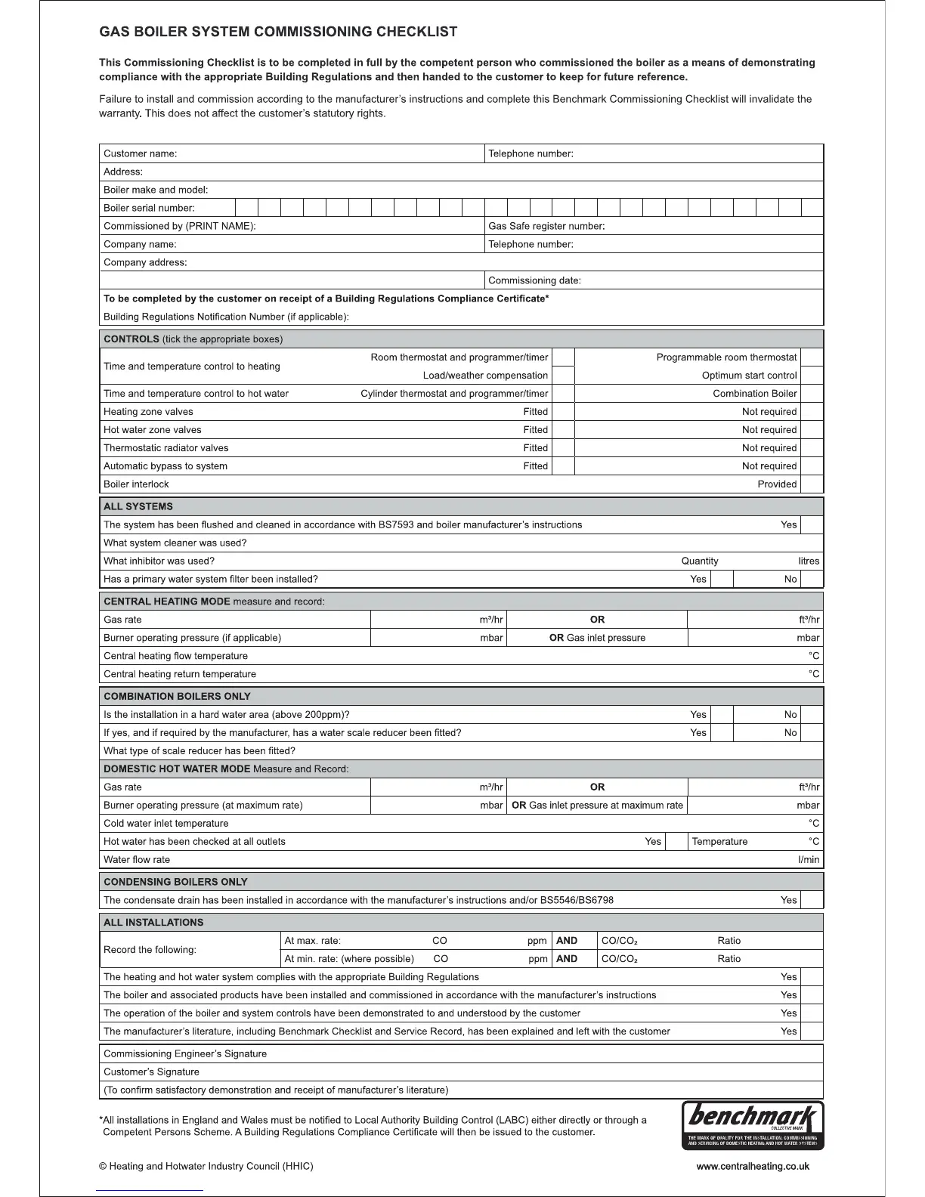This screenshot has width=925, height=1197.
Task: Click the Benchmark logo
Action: (x=752, y=1124)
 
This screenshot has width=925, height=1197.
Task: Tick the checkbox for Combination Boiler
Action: (x=811, y=394)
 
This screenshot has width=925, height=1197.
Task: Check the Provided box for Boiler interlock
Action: (x=811, y=484)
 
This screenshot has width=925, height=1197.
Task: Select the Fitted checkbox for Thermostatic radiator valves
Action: (x=563, y=448)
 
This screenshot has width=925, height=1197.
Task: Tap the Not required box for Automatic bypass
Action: (x=811, y=466)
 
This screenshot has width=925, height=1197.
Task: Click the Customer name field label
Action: (x=141, y=153)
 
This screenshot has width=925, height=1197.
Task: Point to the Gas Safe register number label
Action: (x=546, y=226)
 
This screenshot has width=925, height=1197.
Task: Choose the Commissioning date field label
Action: (x=534, y=280)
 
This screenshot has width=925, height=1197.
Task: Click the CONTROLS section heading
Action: (x=131, y=339)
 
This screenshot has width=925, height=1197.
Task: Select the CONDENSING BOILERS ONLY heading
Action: (x=175, y=882)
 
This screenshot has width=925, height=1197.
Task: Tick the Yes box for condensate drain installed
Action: (x=811, y=900)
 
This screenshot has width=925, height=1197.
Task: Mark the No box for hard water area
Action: (x=811, y=714)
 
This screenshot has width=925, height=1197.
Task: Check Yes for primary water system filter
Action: (x=722, y=580)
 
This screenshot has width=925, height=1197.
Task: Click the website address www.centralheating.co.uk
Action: (x=752, y=1166)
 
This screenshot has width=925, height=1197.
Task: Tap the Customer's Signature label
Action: (x=151, y=1072)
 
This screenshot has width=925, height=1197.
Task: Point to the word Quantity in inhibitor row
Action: (x=700, y=561)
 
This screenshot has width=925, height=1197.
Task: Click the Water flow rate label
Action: (x=137, y=859)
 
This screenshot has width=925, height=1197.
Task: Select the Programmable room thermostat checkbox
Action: (x=811, y=357)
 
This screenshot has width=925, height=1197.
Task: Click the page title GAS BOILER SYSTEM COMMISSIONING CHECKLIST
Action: (x=278, y=32)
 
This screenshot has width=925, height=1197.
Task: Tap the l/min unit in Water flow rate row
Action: (x=809, y=859)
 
